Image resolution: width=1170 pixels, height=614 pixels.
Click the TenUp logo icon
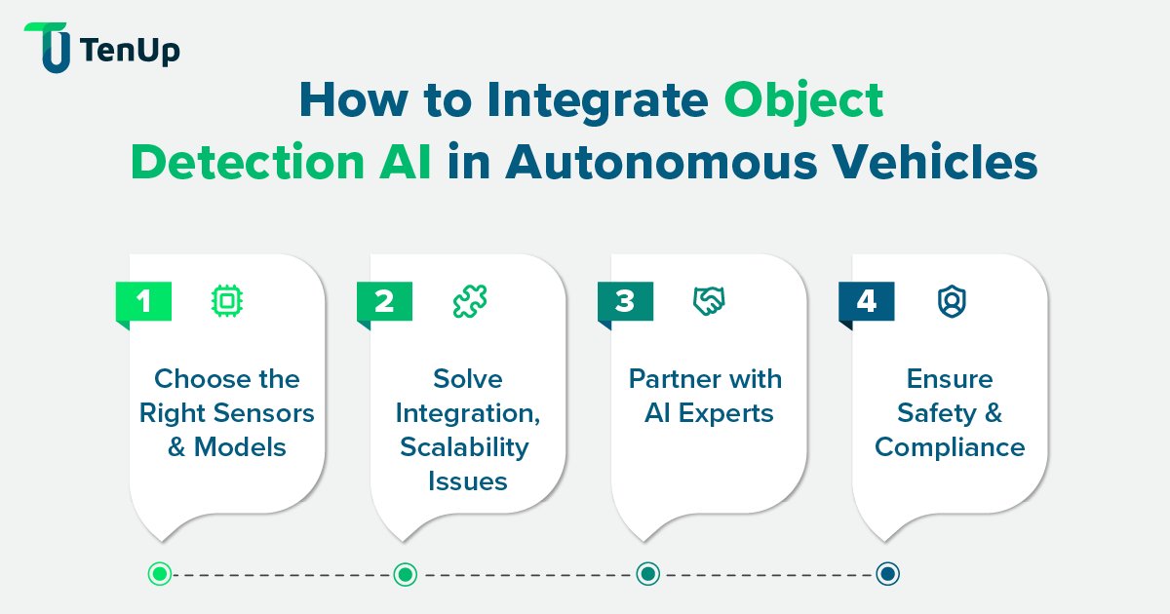47,47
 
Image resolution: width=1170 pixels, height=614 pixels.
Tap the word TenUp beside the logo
131,51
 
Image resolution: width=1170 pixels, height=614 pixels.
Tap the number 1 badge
144,301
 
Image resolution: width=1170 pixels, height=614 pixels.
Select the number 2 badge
384,301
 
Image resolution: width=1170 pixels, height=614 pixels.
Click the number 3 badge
625,301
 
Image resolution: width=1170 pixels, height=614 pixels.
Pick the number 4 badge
866,301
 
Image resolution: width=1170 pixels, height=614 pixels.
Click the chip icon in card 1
227,302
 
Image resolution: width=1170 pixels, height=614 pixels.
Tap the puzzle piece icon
468,302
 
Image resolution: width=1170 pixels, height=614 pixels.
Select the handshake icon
709,302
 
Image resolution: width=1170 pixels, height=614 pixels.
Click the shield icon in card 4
950,302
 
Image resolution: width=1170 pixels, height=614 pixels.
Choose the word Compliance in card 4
950,446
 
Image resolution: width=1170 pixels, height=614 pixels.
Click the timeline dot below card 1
161,574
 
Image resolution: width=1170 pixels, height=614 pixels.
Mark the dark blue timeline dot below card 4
886,574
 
